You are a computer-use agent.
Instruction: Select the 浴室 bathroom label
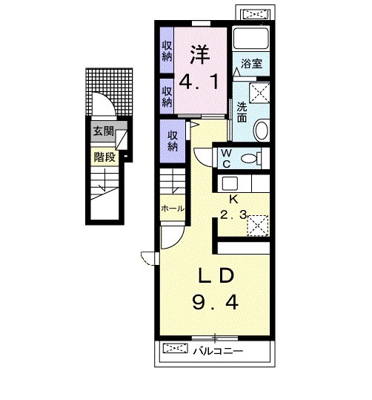pyautogui.click(x=250, y=65)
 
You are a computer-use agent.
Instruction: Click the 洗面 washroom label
pyautogui.click(x=242, y=111)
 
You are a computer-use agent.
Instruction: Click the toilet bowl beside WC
pyautogui.click(x=251, y=157)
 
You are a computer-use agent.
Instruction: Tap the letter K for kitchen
pyautogui.click(x=232, y=200)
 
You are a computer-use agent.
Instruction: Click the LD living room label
pyautogui.click(x=217, y=275)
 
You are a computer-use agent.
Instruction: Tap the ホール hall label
pyautogui.click(x=172, y=209)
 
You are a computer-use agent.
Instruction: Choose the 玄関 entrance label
pyautogui.click(x=103, y=133)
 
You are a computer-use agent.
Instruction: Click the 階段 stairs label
pyautogui.click(x=103, y=157)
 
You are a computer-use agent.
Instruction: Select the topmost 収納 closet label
pyautogui.click(x=167, y=50)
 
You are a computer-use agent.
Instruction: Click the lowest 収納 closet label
pyautogui.click(x=173, y=141)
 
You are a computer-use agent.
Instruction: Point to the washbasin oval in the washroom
pyautogui.click(x=261, y=131)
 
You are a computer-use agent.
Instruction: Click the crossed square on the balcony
pyautogui.click(x=176, y=348)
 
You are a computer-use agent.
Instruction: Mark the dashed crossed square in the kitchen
pyautogui.click(x=257, y=223)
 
